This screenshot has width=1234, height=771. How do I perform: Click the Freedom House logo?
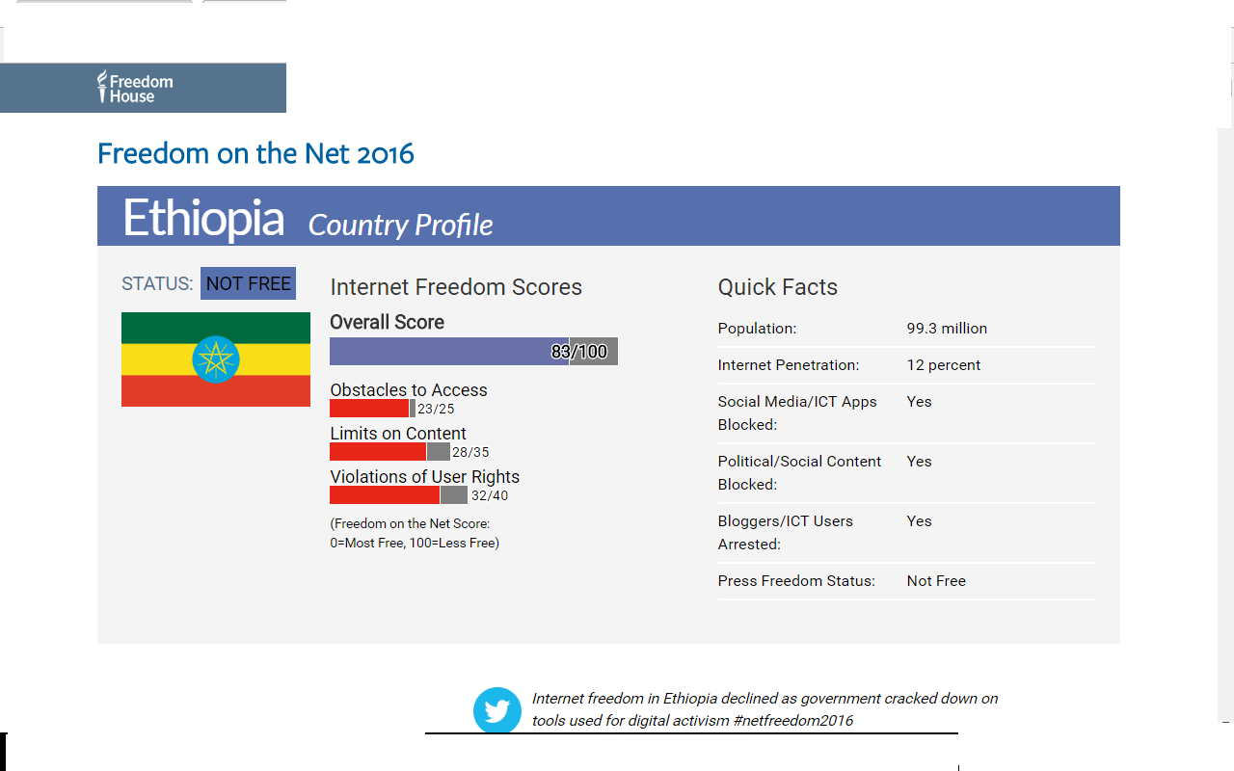tap(135, 88)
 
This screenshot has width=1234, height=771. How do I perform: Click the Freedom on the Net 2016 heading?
tap(255, 153)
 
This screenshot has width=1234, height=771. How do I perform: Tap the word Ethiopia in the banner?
tap(203, 219)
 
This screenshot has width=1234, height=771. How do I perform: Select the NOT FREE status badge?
tap(248, 283)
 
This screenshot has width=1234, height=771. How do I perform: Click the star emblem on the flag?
tap(215, 359)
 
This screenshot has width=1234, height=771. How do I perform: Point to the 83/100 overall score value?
tap(579, 352)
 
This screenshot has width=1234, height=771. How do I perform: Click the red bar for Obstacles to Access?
tap(369, 408)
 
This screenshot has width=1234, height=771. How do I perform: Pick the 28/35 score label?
tap(470, 452)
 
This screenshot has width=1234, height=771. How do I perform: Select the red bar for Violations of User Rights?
tap(385, 495)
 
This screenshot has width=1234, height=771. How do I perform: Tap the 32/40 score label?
tap(490, 495)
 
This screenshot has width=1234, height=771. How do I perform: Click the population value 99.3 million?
tap(947, 329)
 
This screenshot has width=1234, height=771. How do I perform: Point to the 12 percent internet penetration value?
tap(944, 365)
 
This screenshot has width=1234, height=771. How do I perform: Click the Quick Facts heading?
tap(777, 287)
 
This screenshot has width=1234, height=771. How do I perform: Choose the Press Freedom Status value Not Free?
tap(936, 581)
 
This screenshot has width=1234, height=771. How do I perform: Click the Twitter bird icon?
tap(496, 710)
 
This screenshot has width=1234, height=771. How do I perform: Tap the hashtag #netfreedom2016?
tap(793, 720)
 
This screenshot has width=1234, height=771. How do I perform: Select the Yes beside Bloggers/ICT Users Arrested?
tap(919, 521)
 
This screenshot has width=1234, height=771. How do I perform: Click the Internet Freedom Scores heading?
tap(456, 287)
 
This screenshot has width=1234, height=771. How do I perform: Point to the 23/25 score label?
tap(436, 409)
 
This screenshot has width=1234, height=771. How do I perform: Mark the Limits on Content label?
tap(398, 434)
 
